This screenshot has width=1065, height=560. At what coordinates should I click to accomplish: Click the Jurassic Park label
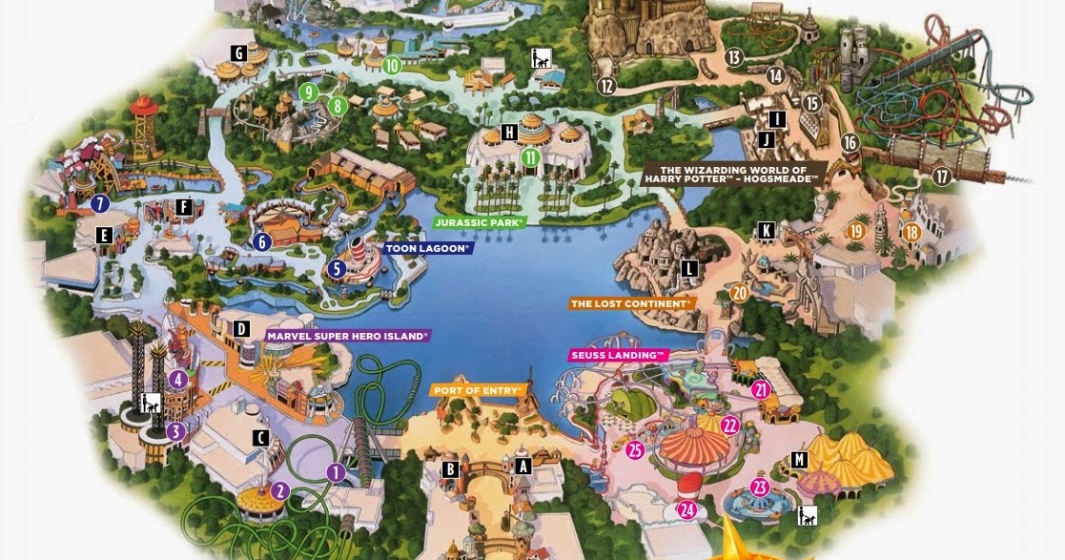(x=481, y=222)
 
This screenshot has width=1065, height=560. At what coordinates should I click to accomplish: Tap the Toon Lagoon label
(x=428, y=248)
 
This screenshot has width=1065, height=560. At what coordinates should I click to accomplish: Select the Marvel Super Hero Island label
(x=347, y=335)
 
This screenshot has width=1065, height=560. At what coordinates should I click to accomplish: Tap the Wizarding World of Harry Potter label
(x=732, y=175)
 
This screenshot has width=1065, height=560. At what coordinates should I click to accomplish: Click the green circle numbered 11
(x=530, y=157)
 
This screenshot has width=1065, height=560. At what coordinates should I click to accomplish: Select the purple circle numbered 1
(x=335, y=471)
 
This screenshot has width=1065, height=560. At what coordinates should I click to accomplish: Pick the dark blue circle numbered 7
(x=100, y=203)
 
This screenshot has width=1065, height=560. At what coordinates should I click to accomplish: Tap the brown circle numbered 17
(x=942, y=176)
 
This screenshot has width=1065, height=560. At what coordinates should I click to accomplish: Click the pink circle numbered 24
(x=689, y=510)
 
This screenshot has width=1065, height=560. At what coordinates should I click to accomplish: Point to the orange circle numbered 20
(x=740, y=293)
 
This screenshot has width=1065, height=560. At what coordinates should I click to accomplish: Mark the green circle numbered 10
(x=391, y=66)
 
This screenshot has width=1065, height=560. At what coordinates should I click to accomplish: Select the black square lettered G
(x=238, y=52)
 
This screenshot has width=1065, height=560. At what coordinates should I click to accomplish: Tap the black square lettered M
(x=799, y=461)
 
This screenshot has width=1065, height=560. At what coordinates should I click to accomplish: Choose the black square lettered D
(x=241, y=330)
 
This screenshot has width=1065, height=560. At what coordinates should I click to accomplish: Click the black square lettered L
(x=688, y=269)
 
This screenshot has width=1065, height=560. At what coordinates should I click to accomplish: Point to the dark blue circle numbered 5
(x=336, y=269)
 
